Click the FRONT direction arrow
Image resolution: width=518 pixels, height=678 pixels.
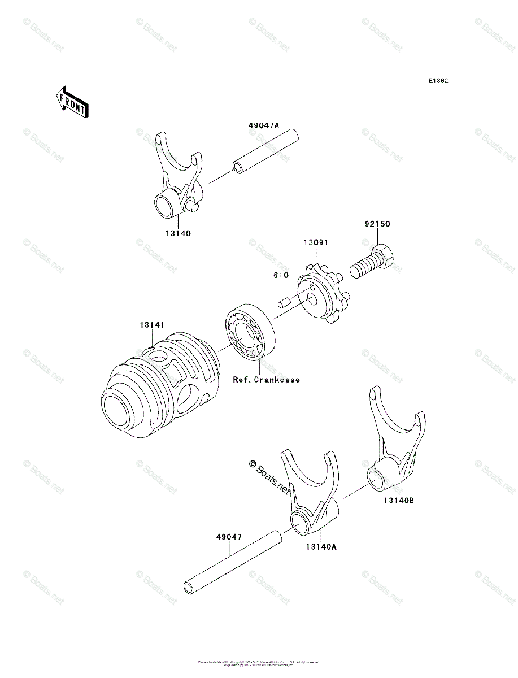tap(72, 102)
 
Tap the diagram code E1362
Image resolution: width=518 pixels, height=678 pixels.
tap(438, 81)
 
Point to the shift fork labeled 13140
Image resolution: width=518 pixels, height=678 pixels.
tap(176, 181)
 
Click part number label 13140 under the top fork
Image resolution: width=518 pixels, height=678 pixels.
tap(178, 233)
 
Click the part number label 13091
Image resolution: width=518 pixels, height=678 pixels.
tap(316, 242)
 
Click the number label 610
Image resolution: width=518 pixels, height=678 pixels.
tap(281, 275)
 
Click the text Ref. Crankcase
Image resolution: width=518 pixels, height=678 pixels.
tap(267, 380)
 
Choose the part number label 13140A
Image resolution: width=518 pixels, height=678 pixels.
tap(321, 546)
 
